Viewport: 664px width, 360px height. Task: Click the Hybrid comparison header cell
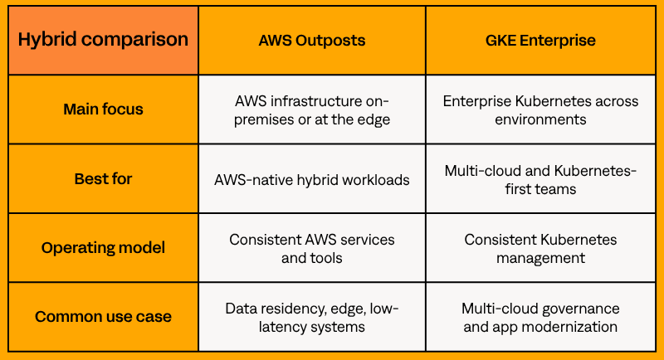103,40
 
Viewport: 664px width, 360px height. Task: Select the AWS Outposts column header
312,40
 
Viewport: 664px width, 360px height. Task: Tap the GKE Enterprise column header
541,40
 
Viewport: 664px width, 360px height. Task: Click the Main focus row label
103,109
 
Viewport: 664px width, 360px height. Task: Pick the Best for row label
103,179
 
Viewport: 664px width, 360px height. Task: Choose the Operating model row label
103,248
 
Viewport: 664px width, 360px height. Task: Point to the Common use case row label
103,317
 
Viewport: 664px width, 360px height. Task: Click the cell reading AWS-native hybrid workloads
312,179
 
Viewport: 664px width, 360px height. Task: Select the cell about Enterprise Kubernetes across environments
541,109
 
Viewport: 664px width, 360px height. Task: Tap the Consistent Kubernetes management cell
541,248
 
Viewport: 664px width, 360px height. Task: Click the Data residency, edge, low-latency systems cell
312,317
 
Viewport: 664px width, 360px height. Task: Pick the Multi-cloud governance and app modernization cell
541,317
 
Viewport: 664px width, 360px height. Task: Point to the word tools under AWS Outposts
326,258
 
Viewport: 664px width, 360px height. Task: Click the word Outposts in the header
330,41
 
